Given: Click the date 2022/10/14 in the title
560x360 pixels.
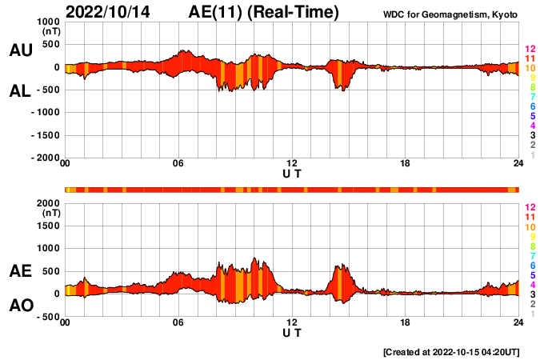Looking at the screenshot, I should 108,13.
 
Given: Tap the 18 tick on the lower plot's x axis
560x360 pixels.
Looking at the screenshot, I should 405,323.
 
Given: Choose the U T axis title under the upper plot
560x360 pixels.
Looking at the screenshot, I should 292,173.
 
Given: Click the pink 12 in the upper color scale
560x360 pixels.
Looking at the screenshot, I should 530,50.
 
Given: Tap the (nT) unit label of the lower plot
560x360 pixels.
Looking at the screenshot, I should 51,214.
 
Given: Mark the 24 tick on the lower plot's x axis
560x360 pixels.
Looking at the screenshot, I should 518,323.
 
